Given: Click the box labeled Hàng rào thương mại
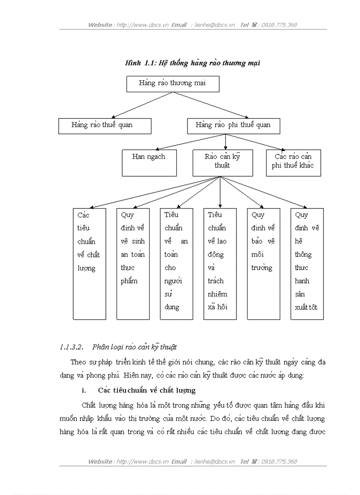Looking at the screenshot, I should (172, 84).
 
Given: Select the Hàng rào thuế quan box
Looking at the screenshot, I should (105, 126).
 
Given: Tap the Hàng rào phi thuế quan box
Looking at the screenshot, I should (233, 126).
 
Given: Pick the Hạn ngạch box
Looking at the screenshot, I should (149, 163).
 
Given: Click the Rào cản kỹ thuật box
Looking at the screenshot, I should (222, 163).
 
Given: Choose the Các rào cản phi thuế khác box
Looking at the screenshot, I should (293, 163).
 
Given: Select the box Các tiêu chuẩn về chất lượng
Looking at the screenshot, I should (89, 263).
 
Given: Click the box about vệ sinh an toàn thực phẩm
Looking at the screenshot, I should (133, 263).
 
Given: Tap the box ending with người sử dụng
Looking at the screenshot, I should (176, 263).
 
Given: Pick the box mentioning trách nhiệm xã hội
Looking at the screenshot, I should (219, 263).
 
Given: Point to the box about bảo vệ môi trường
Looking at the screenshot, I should (263, 263).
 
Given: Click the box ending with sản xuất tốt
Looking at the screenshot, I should (307, 263).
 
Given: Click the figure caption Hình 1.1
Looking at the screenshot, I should (193, 63).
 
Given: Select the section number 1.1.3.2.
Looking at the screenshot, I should (71, 347).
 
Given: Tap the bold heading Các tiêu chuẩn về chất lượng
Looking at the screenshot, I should (147, 391).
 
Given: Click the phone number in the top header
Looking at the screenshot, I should (279, 25).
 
